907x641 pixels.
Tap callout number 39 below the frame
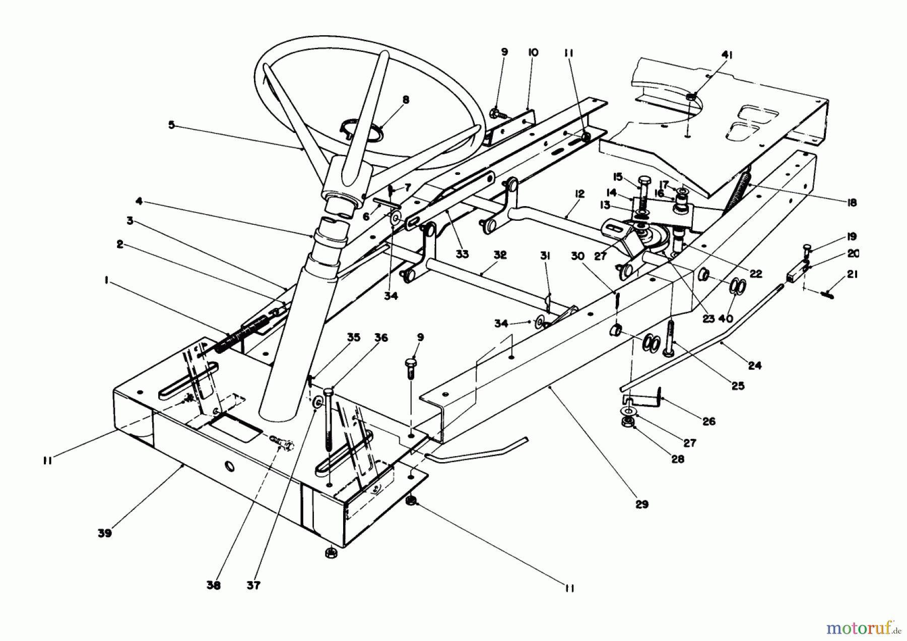(105, 533)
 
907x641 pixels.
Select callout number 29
(641, 504)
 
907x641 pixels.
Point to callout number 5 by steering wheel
(171, 124)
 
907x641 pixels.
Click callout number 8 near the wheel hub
(406, 100)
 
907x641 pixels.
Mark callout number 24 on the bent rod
(754, 365)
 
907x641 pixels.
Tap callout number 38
(214, 586)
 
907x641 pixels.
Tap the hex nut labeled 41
(692, 96)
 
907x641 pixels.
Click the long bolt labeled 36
(329, 418)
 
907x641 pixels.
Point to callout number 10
(533, 52)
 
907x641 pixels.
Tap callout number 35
(354, 338)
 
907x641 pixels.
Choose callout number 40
(725, 318)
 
